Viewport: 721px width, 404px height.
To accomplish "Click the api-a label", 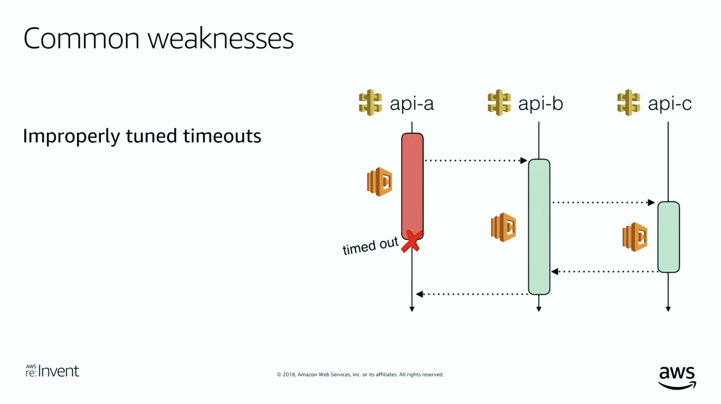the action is click(x=412, y=104).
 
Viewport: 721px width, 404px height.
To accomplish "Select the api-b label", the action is click(x=541, y=104).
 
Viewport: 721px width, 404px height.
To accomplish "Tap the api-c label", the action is click(x=670, y=104).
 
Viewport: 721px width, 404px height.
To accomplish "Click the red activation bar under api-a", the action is click(x=412, y=186).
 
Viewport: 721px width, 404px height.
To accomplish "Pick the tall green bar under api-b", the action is click(x=539, y=227).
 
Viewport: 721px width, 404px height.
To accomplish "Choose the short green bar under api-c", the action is click(x=669, y=237).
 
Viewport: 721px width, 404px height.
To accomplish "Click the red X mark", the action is click(x=412, y=241).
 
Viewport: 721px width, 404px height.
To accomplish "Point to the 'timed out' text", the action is click(x=370, y=246).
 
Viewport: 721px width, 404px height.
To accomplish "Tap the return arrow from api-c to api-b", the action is click(x=605, y=271).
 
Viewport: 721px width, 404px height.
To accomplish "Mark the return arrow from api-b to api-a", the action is click(x=472, y=294).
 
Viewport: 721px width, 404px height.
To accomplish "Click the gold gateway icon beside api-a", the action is click(x=370, y=103).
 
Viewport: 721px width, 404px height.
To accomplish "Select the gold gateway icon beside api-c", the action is click(x=629, y=103).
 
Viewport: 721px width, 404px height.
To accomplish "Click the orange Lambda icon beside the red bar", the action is click(x=380, y=182).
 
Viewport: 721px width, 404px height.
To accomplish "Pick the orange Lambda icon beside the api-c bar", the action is click(x=635, y=237).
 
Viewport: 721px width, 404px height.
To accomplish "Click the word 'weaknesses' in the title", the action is click(x=221, y=39).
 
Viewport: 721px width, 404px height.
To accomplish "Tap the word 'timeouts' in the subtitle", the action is click(x=222, y=136).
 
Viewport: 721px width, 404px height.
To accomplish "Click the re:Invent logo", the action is click(x=52, y=371).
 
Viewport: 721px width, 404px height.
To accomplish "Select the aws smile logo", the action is click(x=677, y=378).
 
